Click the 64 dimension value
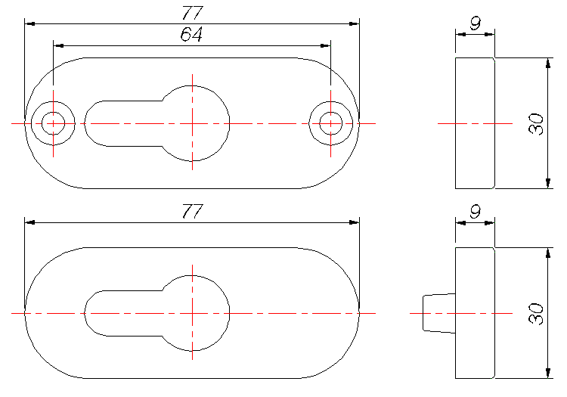191,35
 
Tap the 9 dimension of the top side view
475,23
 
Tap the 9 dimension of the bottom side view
475,212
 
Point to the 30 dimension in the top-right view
536,123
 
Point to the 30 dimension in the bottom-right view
536,313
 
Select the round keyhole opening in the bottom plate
193,312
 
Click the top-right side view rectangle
475,123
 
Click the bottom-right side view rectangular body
475,312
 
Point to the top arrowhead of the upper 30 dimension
547,63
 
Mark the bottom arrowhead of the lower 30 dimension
547,373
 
